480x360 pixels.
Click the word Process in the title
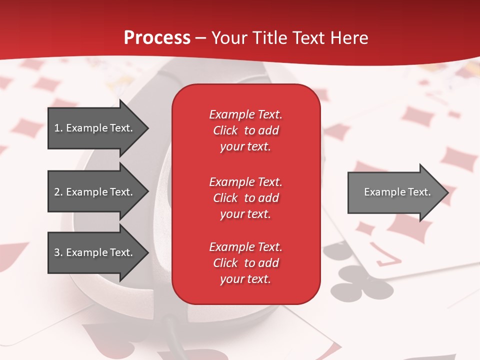(157, 38)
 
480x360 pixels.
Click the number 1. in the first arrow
(58, 128)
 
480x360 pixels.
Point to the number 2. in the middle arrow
(58, 192)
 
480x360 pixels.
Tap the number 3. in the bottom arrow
(58, 252)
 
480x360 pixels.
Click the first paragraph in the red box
(245, 130)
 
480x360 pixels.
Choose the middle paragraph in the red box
(245, 198)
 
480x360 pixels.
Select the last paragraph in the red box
(245, 263)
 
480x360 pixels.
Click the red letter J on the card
(389, 254)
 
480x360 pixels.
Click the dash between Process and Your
(201, 38)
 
